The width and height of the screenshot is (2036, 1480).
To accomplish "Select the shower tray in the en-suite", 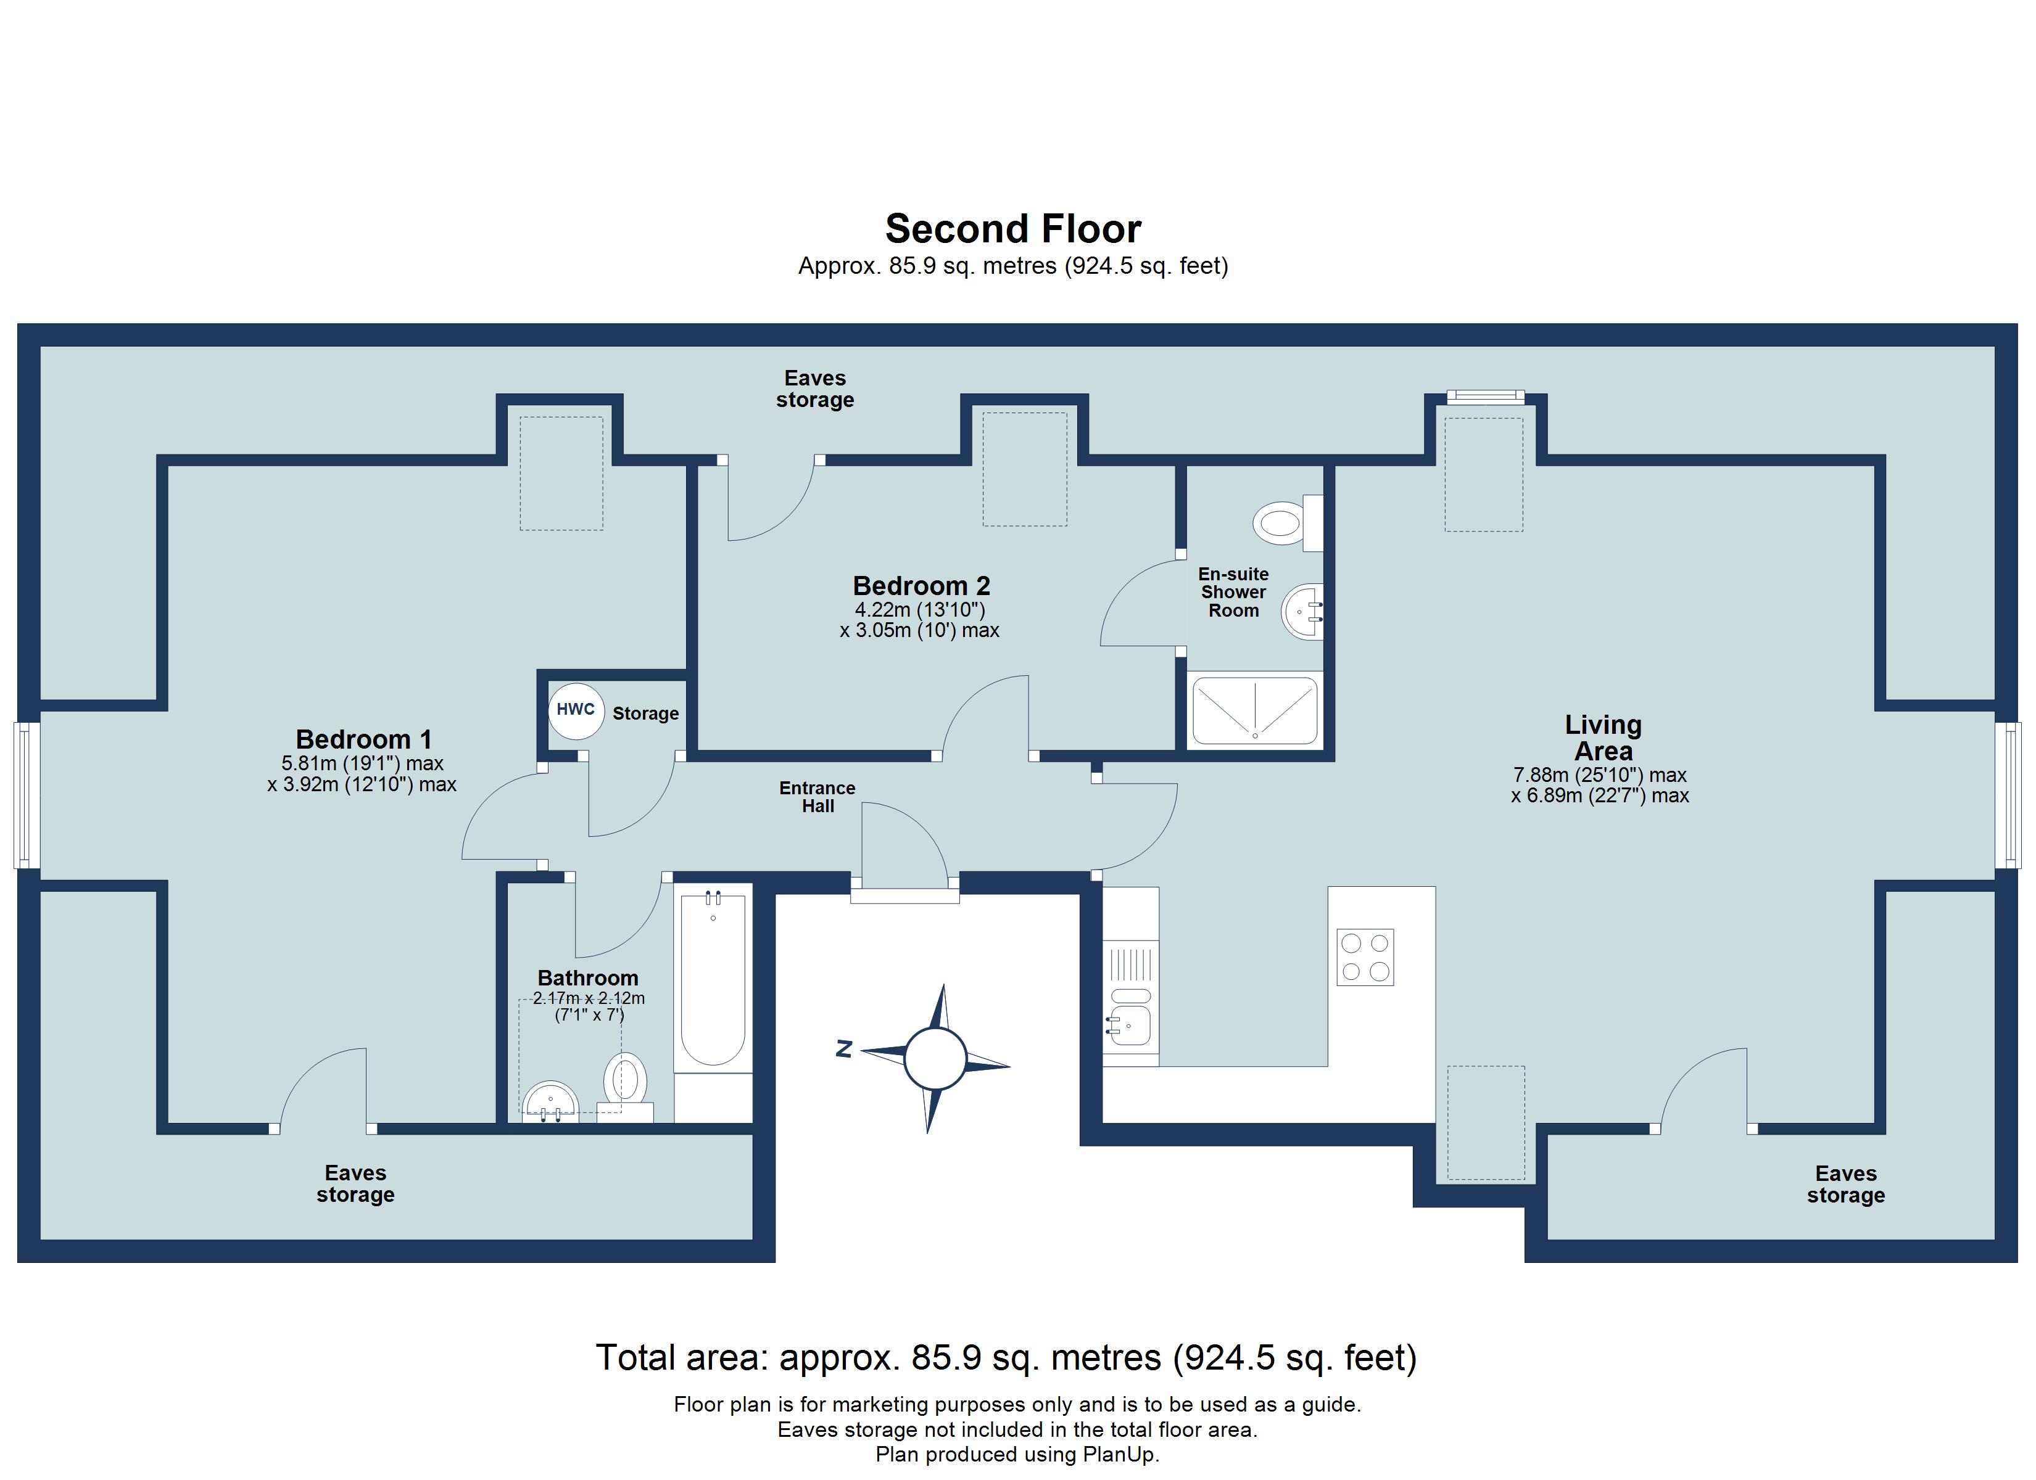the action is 1254,710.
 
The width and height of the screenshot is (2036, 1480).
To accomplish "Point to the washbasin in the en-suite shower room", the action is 1302,611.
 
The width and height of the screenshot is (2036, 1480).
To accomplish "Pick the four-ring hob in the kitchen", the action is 1365,956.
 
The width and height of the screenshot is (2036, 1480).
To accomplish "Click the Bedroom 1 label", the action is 363,739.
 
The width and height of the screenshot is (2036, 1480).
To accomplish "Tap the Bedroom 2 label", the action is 921,585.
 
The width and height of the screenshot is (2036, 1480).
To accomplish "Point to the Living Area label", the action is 1604,737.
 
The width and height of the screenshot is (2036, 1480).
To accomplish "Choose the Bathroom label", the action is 588,977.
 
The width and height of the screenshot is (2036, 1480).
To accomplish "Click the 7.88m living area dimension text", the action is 1600,775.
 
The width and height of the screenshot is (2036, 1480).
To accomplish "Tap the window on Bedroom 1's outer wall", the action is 27,795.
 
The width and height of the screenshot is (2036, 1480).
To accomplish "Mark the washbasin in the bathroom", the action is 550,1101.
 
